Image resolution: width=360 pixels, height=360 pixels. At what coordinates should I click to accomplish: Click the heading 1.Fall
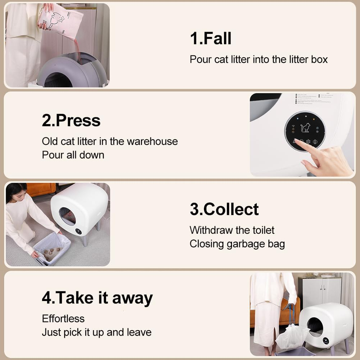click(210, 38)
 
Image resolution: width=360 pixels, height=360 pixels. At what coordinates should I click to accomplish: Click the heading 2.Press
click(71, 120)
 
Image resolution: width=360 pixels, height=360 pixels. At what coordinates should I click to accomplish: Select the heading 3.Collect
click(224, 209)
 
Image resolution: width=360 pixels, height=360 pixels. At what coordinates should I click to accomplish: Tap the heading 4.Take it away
click(97, 298)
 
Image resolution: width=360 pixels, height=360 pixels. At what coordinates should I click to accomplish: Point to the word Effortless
click(63, 319)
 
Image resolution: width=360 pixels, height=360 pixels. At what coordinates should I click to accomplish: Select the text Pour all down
click(73, 155)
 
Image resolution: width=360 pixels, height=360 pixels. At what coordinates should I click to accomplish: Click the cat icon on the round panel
click(305, 128)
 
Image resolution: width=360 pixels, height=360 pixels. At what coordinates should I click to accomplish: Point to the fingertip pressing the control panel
click(297, 142)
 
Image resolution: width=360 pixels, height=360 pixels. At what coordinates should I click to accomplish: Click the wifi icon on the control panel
click(293, 127)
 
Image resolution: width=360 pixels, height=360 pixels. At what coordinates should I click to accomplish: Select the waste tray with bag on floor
click(52, 248)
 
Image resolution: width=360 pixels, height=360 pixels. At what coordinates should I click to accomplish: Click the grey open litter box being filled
click(72, 70)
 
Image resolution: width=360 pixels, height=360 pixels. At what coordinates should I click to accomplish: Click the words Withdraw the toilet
click(232, 230)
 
